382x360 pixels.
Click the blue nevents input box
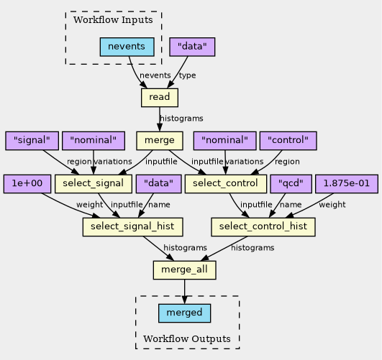click(x=127, y=47)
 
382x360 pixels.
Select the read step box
click(x=160, y=97)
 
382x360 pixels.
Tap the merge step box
click(x=160, y=140)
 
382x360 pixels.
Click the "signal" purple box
click(x=32, y=140)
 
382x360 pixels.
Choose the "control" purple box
click(x=288, y=140)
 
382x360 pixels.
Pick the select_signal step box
click(x=94, y=184)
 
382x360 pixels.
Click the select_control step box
click(x=226, y=184)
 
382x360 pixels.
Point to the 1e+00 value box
click(x=27, y=184)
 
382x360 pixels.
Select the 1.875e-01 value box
click(x=347, y=184)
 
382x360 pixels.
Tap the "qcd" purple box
click(x=291, y=184)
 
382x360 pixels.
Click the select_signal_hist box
click(x=133, y=227)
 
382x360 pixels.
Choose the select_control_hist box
click(x=263, y=227)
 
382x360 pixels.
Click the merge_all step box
click(x=184, y=270)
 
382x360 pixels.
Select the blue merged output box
click(x=184, y=313)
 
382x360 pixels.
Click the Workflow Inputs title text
click(x=113, y=20)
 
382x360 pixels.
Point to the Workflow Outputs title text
click(x=187, y=339)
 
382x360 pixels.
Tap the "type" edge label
click(x=187, y=75)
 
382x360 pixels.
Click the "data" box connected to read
click(x=192, y=47)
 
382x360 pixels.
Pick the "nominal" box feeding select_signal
click(x=94, y=140)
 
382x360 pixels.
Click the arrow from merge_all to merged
click(x=184, y=292)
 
